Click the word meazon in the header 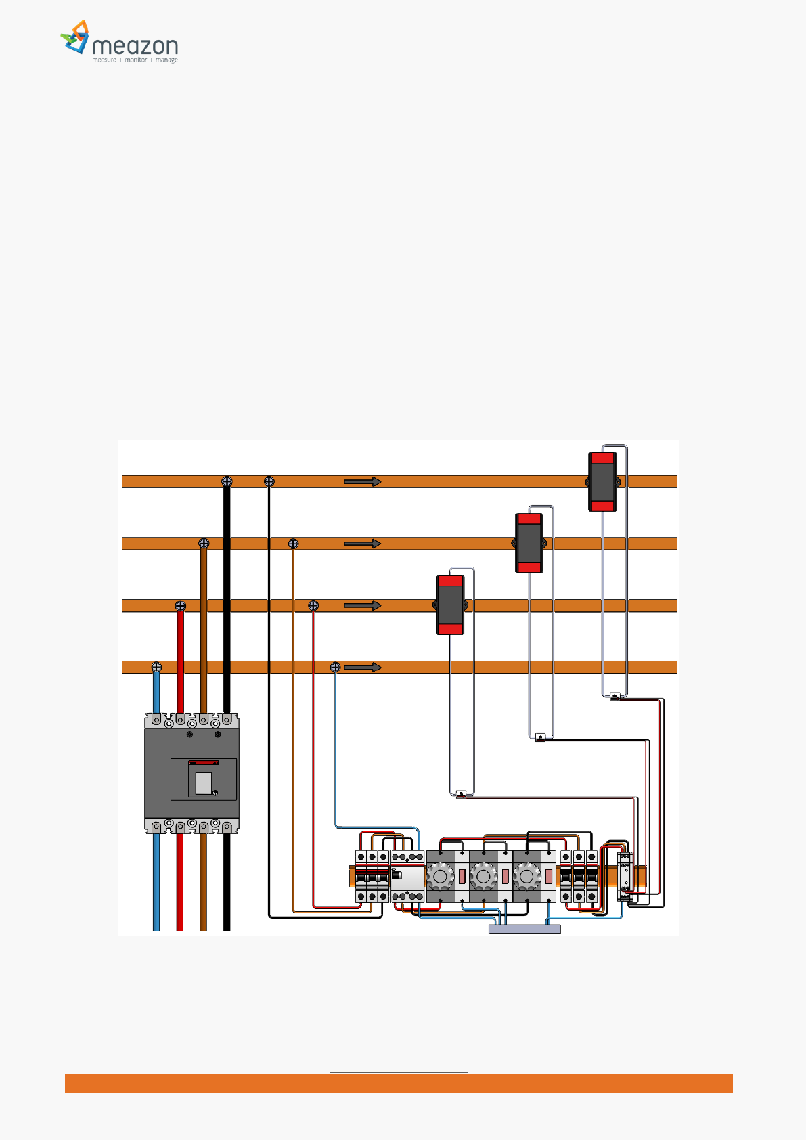pyautogui.click(x=135, y=46)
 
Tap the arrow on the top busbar pyautogui.click(x=363, y=482)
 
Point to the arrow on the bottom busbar pyautogui.click(x=363, y=667)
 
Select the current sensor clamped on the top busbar pyautogui.click(x=602, y=482)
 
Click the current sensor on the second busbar pyautogui.click(x=529, y=543)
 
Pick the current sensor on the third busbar pyautogui.click(x=450, y=605)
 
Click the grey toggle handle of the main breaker pyautogui.click(x=203, y=783)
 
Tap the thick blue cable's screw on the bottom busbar pyautogui.click(x=156, y=667)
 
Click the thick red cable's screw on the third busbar pyautogui.click(x=180, y=606)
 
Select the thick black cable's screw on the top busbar pyautogui.click(x=227, y=482)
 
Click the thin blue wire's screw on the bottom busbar pyautogui.click(x=335, y=667)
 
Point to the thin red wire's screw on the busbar pyautogui.click(x=313, y=606)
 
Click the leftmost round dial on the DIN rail pyautogui.click(x=440, y=877)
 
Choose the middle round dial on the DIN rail pyautogui.click(x=483, y=877)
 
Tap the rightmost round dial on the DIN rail pyautogui.click(x=527, y=877)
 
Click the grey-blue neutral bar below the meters pyautogui.click(x=524, y=929)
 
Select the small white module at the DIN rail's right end pyautogui.click(x=625, y=877)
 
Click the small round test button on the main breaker pyautogui.click(x=215, y=792)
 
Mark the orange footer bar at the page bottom pyautogui.click(x=399, y=1083)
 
